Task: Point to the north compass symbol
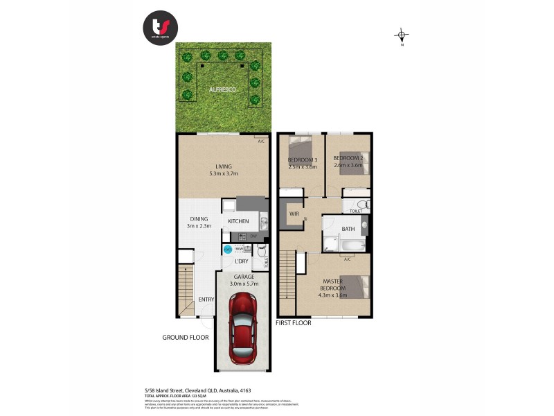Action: (x=402, y=35)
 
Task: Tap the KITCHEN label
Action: (x=238, y=221)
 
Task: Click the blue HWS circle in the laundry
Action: (x=227, y=250)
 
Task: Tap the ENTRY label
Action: (x=206, y=300)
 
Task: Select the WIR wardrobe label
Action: (x=293, y=214)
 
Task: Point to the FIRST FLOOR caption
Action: (x=294, y=323)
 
